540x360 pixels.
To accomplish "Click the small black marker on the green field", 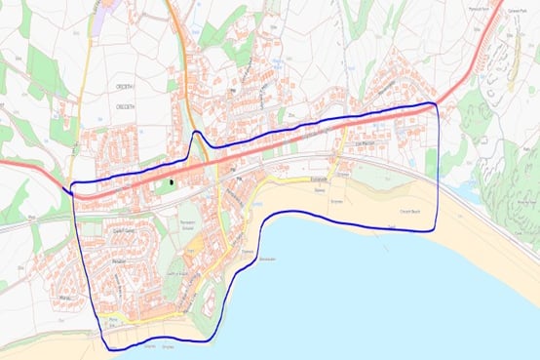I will (172, 180).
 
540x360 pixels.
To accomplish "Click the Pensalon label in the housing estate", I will (118, 262).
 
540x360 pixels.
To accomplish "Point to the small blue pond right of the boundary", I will (474, 191).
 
